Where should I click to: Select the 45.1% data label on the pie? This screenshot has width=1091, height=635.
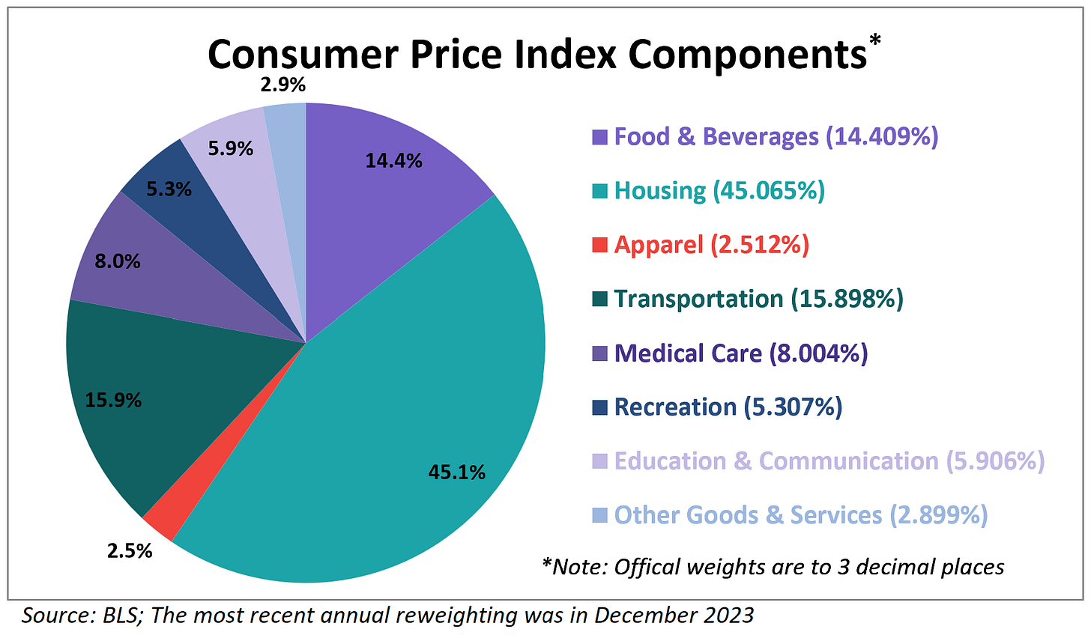pos(456,473)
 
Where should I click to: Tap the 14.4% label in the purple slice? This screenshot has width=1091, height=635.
pos(393,160)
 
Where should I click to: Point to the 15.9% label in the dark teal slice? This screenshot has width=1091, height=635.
pos(113,401)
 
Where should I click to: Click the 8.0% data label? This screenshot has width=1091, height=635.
pos(117,262)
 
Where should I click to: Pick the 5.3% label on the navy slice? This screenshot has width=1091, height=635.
pos(169,190)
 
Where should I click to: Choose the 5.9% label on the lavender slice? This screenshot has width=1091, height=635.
pos(230,149)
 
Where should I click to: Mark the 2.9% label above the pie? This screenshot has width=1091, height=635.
pos(282,85)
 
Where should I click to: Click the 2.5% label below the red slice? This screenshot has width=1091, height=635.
pos(130,552)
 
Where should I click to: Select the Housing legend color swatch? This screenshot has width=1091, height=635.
pos(599,192)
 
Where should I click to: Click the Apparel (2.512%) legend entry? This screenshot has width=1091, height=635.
pos(711,245)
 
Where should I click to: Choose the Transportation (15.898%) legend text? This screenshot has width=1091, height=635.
pos(758,299)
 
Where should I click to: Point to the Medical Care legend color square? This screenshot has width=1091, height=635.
pos(599,353)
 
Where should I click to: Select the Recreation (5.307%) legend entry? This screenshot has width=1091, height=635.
pos(728,407)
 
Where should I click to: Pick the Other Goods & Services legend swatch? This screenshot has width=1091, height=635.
pos(599,515)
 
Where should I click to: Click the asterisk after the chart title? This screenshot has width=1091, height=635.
pos(874,39)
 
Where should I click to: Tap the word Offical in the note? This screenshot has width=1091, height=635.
pos(644,567)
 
